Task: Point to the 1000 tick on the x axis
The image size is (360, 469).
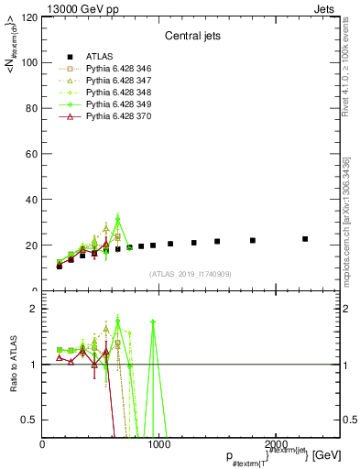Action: (158, 444)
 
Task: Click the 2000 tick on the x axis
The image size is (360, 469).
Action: (273, 444)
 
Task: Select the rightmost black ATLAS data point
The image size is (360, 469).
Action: (305, 239)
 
